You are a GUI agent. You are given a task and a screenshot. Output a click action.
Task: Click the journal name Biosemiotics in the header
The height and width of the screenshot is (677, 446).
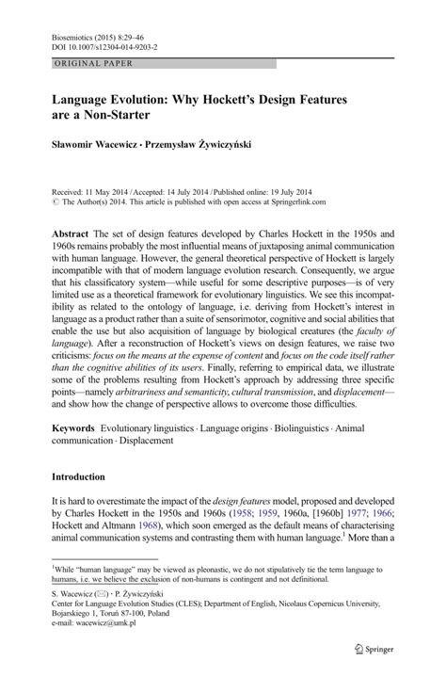click(57, 30)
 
